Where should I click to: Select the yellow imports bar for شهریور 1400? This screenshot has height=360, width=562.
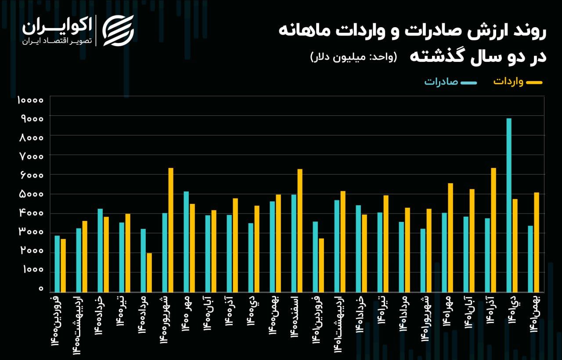[171, 230]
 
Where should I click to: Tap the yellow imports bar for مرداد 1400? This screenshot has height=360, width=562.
[149, 272]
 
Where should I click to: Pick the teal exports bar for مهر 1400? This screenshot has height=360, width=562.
[186, 242]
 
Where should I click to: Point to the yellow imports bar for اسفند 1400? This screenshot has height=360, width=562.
[300, 231]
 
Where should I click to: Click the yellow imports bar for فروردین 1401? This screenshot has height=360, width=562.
[321, 265]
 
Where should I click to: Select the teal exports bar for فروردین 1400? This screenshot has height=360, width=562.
[57, 264]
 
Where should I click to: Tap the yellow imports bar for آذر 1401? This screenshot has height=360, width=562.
[493, 230]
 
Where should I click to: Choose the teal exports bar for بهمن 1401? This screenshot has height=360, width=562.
[530, 259]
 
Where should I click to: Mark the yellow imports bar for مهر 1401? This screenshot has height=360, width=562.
[450, 238]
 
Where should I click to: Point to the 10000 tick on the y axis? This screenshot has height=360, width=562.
[30, 100]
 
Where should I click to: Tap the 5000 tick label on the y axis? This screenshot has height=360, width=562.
[30, 194]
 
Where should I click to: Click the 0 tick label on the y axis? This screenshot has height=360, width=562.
[41, 289]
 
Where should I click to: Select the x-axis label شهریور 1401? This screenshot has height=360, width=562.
[424, 318]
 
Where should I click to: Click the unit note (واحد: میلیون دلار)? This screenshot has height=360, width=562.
[353, 57]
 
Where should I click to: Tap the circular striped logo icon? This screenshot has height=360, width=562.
[118, 31]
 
